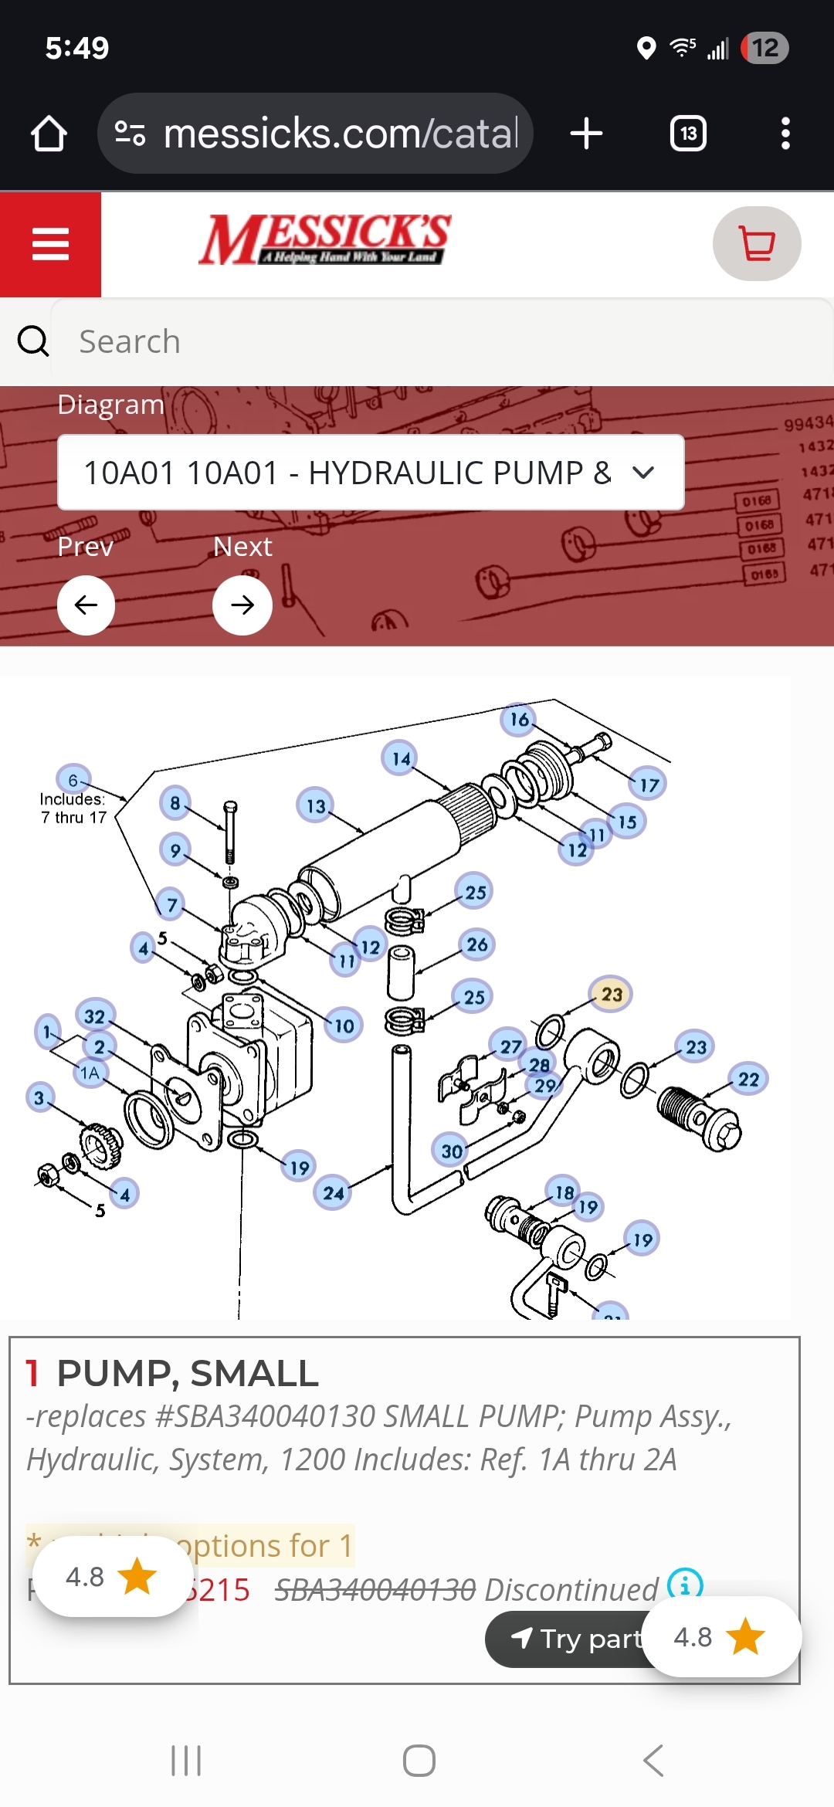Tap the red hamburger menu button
[50, 244]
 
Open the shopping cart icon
[757, 244]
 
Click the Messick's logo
[324, 239]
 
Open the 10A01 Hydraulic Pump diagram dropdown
[371, 473]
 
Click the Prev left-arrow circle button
[86, 605]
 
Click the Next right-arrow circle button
[242, 605]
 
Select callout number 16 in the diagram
[519, 720]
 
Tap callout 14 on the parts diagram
[400, 758]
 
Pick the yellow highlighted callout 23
[611, 994]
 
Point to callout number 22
[748, 1079]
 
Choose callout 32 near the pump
[95, 1016]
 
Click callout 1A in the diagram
[90, 1073]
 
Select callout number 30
[452, 1151]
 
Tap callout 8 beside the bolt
[175, 803]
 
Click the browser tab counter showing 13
[688, 134]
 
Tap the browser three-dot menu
[785, 134]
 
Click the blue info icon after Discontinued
[685, 1585]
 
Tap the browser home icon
[49, 134]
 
